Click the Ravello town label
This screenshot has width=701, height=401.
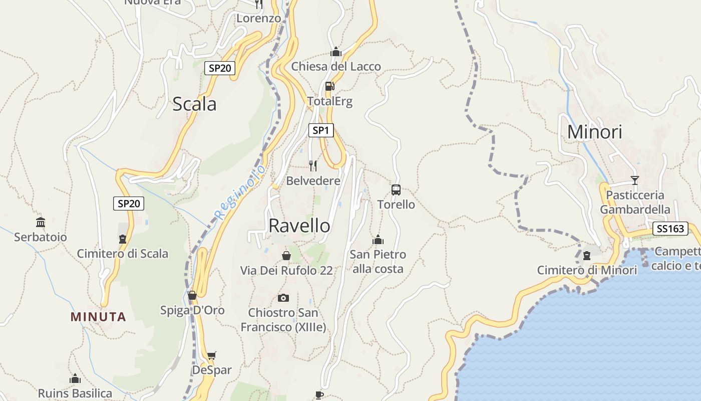tap(299, 226)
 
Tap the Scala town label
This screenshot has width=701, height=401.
tap(194, 104)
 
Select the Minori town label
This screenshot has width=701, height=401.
tap(594, 132)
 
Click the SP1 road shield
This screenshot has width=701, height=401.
tap(320, 131)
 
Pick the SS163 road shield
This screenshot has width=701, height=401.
tap(670, 229)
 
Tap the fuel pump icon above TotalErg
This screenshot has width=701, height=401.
tap(329, 86)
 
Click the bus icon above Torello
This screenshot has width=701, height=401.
tap(396, 190)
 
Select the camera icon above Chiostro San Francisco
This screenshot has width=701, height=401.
tap(283, 298)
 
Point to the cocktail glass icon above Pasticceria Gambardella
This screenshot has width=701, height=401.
tap(635, 180)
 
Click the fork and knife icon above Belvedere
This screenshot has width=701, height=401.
tap(313, 166)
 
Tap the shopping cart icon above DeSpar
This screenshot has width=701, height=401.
tap(212, 356)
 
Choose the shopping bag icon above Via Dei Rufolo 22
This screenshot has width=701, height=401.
tap(286, 256)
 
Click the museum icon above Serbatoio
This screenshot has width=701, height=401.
tap(41, 222)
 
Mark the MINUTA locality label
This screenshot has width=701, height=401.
tap(98, 317)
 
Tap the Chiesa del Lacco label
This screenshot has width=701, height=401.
tap(336, 67)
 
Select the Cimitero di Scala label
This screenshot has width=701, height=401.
tap(122, 254)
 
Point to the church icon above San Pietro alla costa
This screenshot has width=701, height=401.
tap(378, 240)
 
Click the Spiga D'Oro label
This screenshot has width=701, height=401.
tap(192, 310)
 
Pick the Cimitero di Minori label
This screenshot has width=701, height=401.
tap(587, 271)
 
